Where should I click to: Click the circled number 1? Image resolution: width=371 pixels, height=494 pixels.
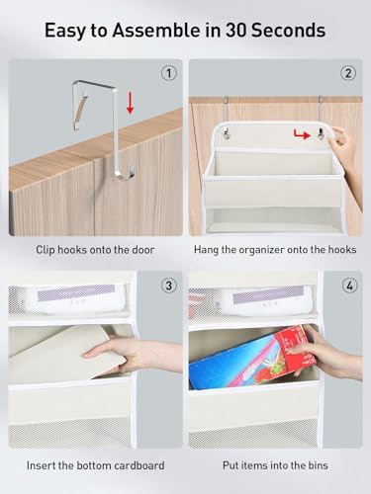[169, 73]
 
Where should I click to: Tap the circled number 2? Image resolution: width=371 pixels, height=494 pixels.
[348, 73]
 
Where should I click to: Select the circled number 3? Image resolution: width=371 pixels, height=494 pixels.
[169, 285]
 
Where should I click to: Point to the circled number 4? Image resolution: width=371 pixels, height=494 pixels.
[349, 285]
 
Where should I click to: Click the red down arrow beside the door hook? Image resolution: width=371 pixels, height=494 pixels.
[131, 103]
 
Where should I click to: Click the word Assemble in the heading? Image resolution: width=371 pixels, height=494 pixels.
[156, 30]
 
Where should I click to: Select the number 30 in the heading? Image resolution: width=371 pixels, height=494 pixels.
[235, 30]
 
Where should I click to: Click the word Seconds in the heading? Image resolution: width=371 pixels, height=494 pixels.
[289, 30]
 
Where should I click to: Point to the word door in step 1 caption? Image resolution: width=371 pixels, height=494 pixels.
[143, 250]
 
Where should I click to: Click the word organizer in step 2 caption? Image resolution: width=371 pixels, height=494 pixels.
[261, 250]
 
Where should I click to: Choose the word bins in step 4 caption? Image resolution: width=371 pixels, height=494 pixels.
[318, 465]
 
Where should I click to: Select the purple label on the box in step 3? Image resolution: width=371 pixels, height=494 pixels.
[76, 292]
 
